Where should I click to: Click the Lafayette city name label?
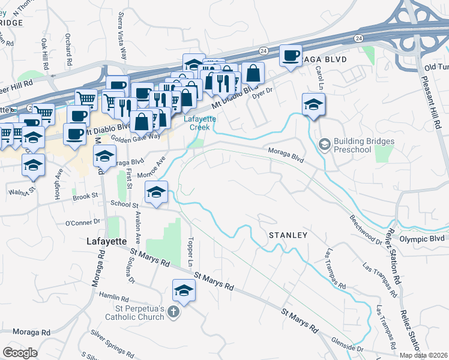[104, 241]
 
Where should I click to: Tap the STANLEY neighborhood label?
[288, 235]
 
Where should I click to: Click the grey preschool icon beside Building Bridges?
[325, 144]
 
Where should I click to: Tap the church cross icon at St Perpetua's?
[173, 312]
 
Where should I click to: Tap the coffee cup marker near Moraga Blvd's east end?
[291, 56]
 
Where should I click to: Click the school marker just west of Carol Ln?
[313, 104]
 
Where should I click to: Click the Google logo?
[20, 353]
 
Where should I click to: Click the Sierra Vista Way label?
[123, 35]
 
